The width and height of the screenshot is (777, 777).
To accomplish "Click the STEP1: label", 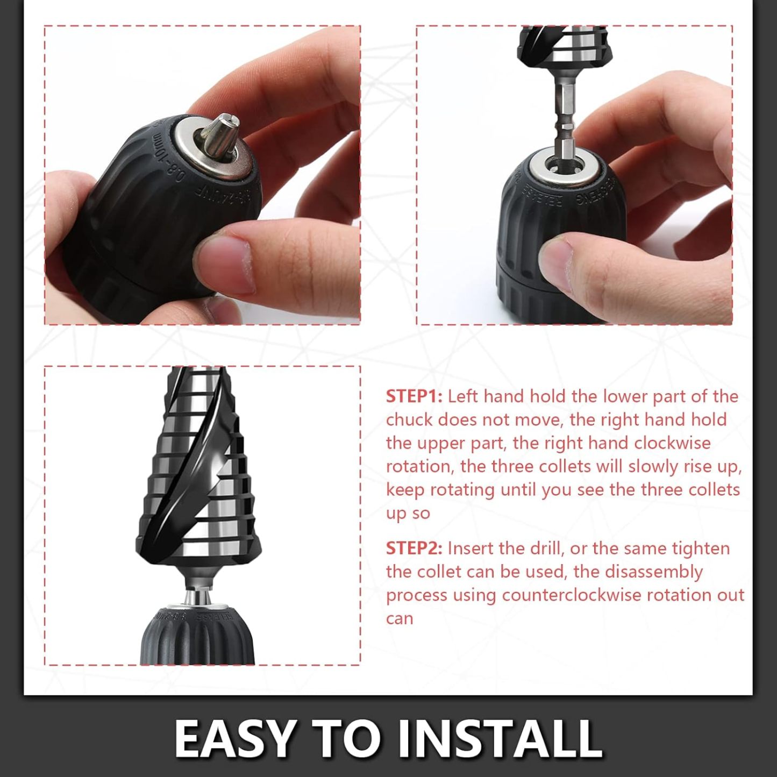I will coord(414,396).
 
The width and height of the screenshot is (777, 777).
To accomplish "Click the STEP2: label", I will coord(414,548).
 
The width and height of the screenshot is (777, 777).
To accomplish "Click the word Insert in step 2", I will coord(471,548).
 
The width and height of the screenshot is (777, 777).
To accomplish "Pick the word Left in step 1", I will coord(462,396).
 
